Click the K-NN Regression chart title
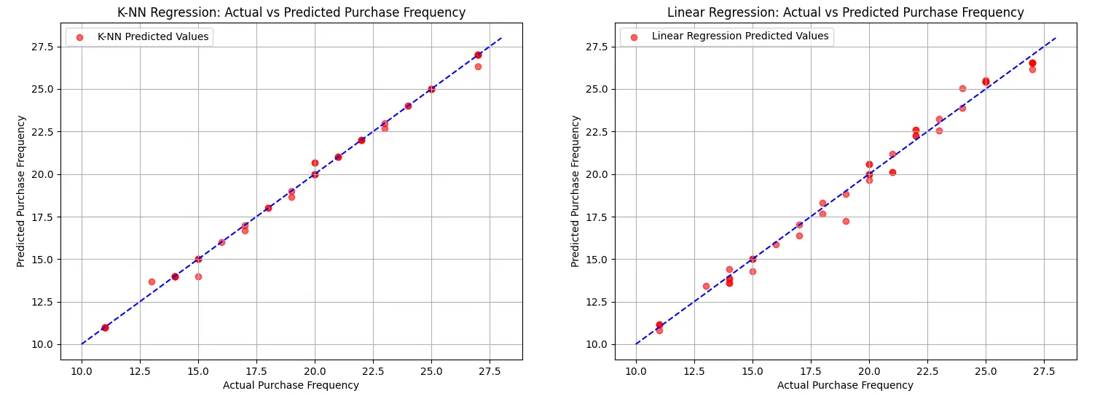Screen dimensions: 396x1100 click(x=291, y=12)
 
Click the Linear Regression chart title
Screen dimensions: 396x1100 click(x=845, y=12)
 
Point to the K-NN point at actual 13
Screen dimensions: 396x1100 click(x=152, y=282)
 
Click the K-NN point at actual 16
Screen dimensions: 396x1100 click(x=221, y=242)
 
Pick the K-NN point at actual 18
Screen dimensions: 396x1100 click(x=268, y=208)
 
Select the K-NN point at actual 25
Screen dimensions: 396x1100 click(x=431, y=89)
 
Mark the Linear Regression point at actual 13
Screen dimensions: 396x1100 click(x=706, y=286)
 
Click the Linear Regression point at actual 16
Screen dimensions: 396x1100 click(x=776, y=244)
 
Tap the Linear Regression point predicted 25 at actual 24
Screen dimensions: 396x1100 click(x=962, y=88)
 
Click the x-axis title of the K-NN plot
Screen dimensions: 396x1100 click(x=291, y=385)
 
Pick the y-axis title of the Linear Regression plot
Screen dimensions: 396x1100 click(x=576, y=191)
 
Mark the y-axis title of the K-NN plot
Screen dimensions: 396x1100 click(x=22, y=191)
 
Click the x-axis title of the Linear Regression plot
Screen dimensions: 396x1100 click(x=845, y=385)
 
